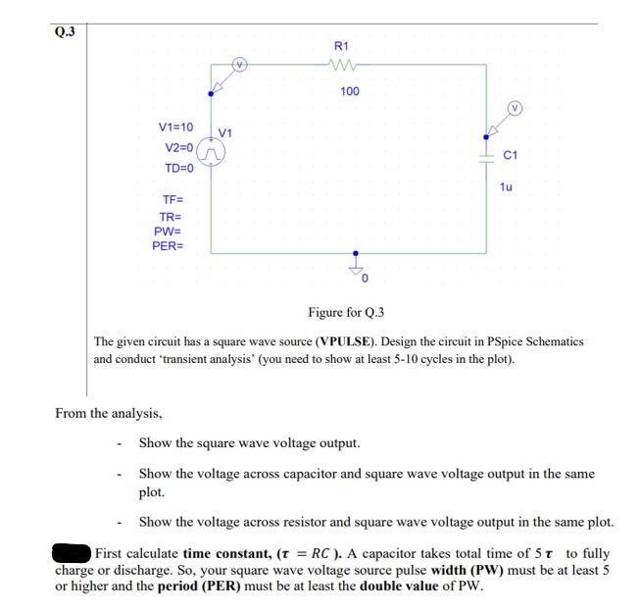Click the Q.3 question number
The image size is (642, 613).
coord(64,31)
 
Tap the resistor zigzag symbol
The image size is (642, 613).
coord(348,66)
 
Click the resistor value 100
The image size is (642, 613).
coord(349,91)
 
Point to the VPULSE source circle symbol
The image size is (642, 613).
coord(212,152)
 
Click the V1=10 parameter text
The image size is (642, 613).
coord(176,128)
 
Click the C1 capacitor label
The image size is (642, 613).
coord(510,155)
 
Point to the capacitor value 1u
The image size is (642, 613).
coord(507,186)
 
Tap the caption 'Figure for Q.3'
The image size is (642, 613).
coord(346,313)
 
